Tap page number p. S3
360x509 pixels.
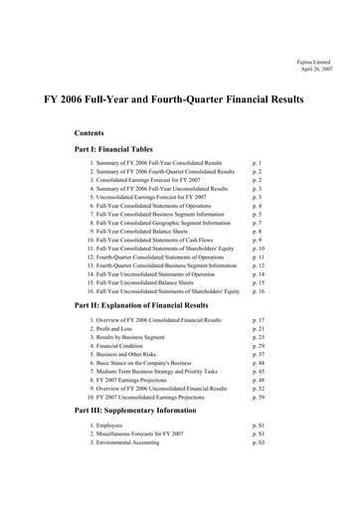point(263,443)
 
